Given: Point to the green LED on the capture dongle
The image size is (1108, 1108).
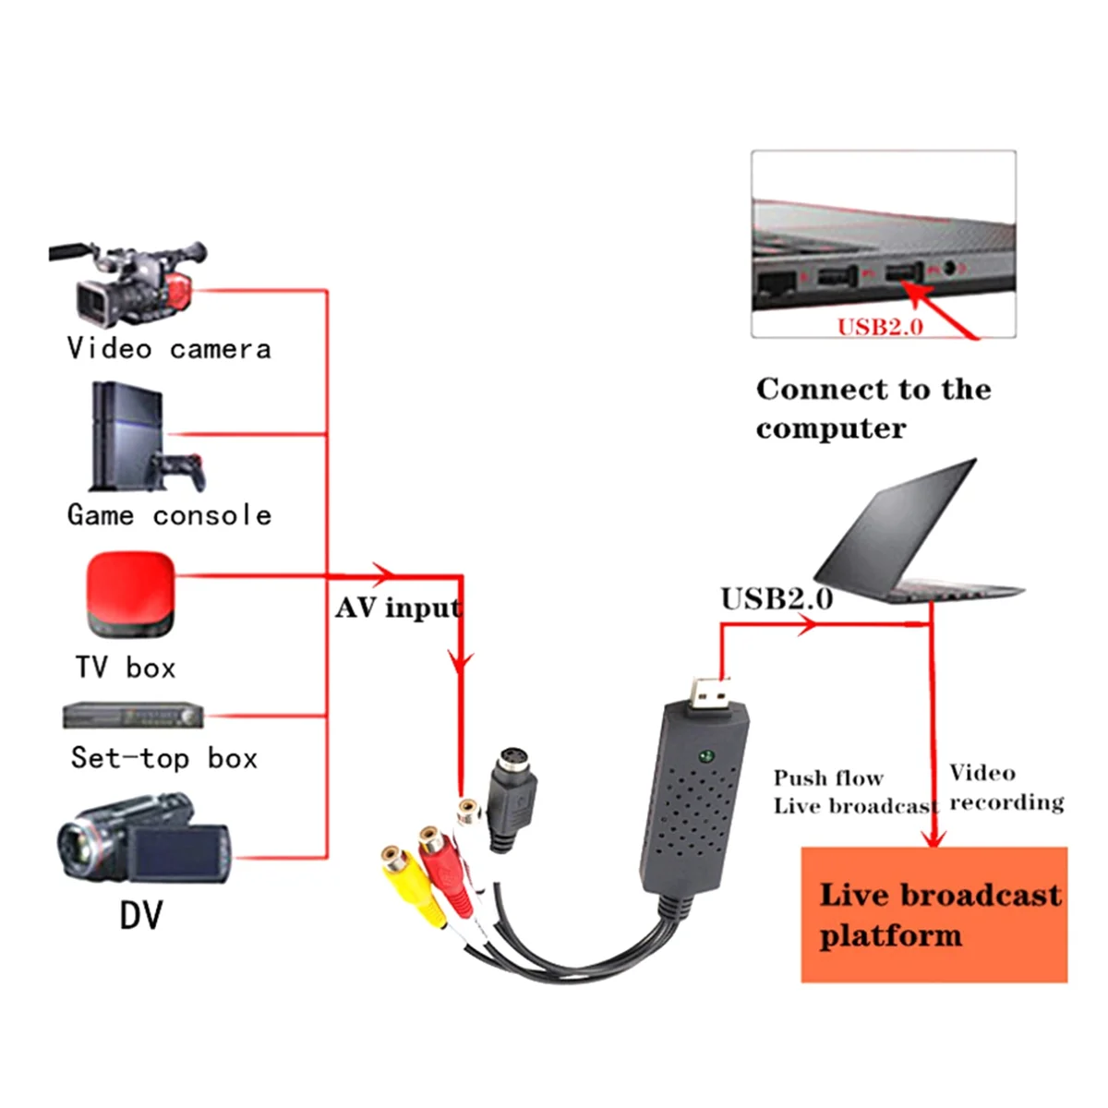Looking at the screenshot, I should (x=706, y=756).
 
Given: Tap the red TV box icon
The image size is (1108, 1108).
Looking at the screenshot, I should (x=130, y=596).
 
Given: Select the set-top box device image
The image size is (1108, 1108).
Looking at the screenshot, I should (x=133, y=717).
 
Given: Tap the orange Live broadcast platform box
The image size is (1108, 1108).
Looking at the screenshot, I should (x=933, y=914).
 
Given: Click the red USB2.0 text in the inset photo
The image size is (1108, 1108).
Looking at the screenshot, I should (x=880, y=327).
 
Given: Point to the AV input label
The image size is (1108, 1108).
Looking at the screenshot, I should (x=398, y=608).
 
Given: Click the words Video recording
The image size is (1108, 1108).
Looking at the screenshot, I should (x=1006, y=788).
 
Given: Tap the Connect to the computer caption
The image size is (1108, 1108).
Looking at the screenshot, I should (x=872, y=408).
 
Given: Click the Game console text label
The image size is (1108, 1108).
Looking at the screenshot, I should (x=170, y=514).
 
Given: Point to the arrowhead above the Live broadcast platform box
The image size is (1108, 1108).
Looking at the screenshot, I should (x=934, y=838).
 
